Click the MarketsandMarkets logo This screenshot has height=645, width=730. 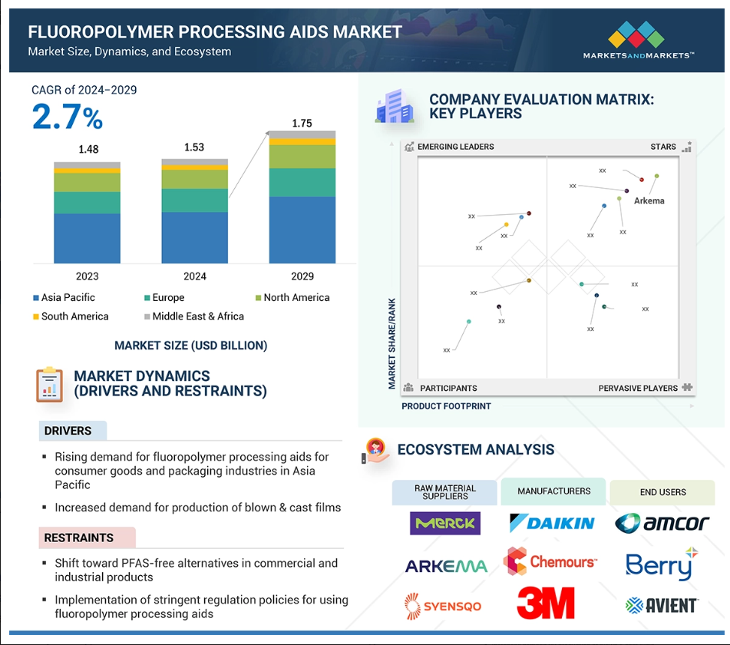(x=639, y=40)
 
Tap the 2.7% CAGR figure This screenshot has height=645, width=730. (x=68, y=117)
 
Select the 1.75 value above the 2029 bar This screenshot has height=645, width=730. (x=302, y=123)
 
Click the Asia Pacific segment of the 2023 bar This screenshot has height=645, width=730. (x=87, y=239)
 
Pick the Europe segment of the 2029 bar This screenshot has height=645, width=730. (x=302, y=182)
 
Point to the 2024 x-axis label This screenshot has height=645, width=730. (x=195, y=276)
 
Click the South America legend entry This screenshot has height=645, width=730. (x=71, y=316)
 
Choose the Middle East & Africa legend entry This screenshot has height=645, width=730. (x=194, y=316)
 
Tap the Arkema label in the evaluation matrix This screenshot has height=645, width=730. (x=649, y=200)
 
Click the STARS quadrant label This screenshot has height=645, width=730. (x=663, y=147)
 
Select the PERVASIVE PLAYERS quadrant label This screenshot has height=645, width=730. (x=638, y=388)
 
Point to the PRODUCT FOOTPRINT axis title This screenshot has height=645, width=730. (x=446, y=406)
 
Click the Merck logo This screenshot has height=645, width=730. (x=445, y=523)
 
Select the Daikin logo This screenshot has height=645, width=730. (x=552, y=523)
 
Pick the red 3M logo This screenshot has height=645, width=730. (x=546, y=603)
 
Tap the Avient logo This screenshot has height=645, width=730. (x=662, y=605)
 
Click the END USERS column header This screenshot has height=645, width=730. (x=662, y=492)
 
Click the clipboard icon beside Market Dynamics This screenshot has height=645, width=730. (x=49, y=385)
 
